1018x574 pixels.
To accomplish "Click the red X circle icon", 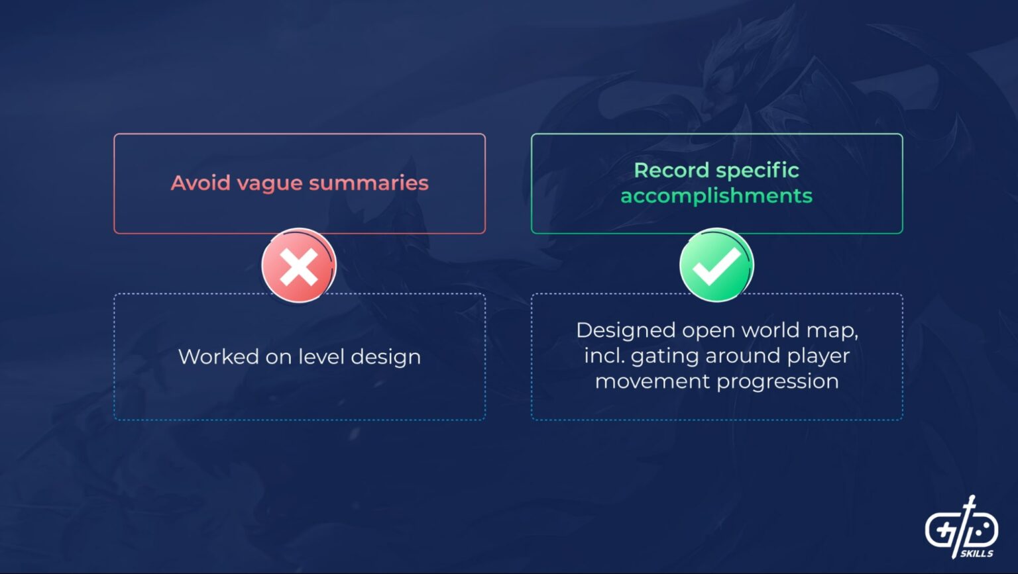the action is [299, 265].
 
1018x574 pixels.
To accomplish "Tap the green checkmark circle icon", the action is [716, 265].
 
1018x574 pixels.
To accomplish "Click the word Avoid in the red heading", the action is [201, 183].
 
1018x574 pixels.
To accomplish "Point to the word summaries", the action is [368, 183].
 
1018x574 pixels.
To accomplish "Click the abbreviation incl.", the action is [604, 356].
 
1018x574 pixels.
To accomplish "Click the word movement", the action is [653, 381].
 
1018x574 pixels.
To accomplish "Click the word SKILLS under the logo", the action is [977, 553].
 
